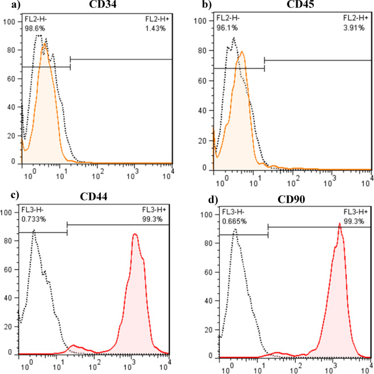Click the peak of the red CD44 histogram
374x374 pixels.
pos(135,234)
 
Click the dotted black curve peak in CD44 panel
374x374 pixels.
pos(34,230)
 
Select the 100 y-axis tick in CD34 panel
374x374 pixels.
pos(8,22)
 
